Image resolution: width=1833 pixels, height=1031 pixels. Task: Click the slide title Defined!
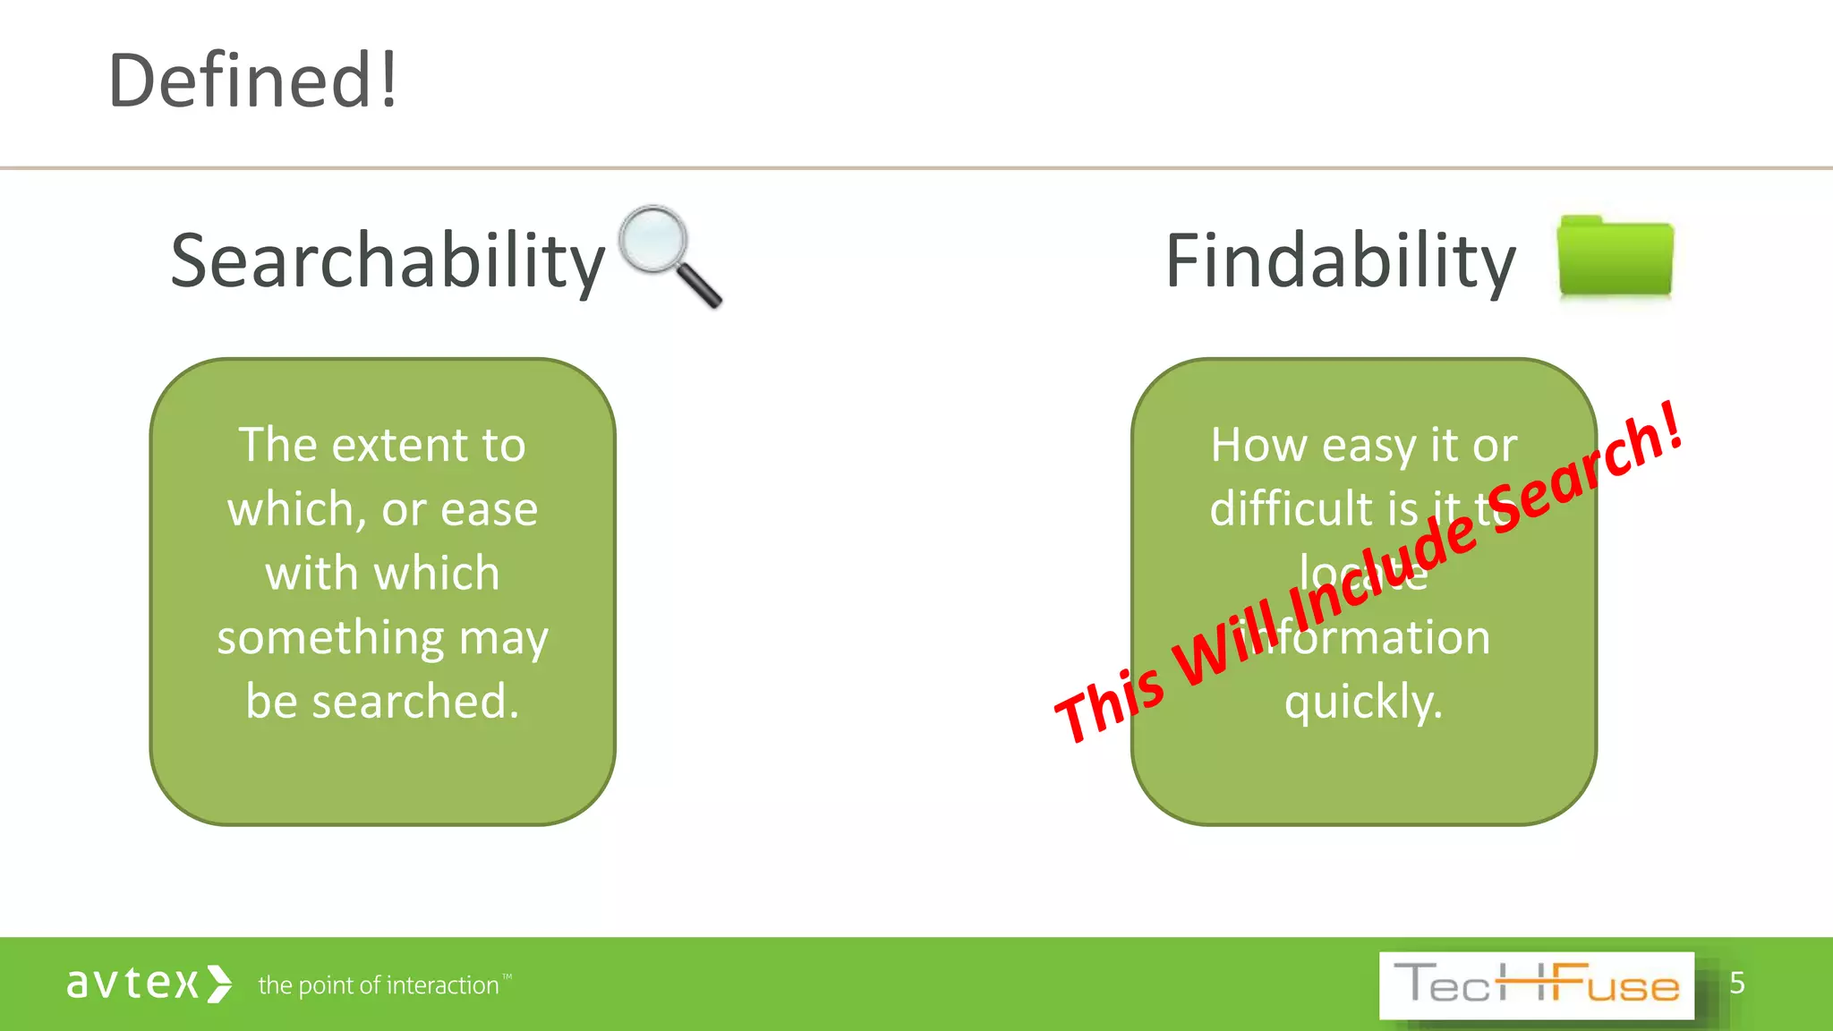(252, 81)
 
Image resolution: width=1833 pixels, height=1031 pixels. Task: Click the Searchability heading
(388, 261)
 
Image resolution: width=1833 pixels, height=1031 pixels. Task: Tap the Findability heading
(1340, 261)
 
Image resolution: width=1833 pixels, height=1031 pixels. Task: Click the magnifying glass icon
(658, 242)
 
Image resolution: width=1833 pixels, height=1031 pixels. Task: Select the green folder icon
(1615, 257)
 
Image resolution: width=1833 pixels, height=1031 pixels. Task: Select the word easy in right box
(1368, 446)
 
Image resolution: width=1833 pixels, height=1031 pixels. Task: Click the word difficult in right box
(1292, 508)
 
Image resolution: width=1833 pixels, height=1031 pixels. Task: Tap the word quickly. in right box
(1363, 701)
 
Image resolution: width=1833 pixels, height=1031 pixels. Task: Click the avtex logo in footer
(149, 984)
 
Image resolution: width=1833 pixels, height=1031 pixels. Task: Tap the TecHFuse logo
(1536, 985)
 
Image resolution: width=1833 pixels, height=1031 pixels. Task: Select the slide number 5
(1736, 983)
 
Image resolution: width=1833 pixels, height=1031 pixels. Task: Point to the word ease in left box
(489, 509)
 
